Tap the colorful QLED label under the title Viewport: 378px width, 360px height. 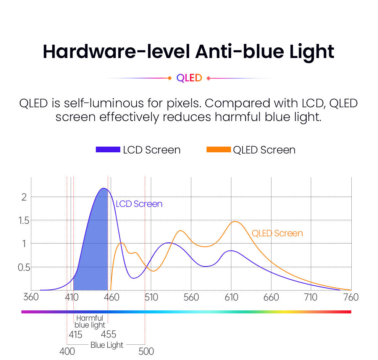189,78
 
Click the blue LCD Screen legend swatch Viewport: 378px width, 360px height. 108,150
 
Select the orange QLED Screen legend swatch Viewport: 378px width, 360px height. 218,150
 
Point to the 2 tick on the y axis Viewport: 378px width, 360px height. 24,197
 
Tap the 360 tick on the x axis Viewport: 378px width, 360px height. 31,297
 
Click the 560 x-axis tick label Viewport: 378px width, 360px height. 191,297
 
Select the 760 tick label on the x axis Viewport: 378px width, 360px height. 351,297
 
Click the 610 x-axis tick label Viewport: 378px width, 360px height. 231,297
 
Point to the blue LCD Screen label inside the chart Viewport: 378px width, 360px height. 139,204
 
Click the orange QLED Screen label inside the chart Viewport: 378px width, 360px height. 277,233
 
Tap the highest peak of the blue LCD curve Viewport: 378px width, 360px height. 103,188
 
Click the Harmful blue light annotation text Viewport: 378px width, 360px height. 90,321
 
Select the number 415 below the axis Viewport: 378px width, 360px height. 75,335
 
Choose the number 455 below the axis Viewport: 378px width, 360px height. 108,335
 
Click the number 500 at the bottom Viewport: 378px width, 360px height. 146,351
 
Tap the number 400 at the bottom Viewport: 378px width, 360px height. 67,351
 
